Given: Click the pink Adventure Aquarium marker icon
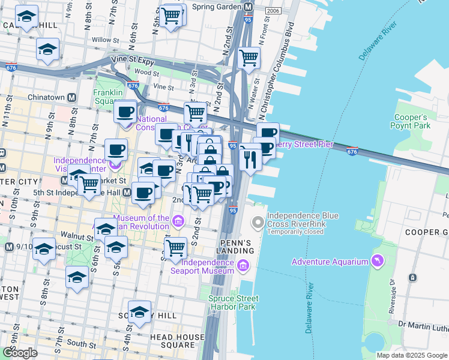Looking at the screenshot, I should [376, 261].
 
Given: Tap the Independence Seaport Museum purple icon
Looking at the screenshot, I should [243, 265].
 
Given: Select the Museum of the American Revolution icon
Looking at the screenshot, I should [178, 222].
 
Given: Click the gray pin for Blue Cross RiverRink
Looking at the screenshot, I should [258, 223].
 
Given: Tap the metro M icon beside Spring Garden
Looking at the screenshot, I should [248, 7].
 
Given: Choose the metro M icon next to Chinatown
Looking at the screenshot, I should [71, 97].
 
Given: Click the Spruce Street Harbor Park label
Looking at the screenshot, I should [234, 303].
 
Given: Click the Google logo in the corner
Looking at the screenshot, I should [20, 353].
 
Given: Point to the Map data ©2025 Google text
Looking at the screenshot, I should [412, 355].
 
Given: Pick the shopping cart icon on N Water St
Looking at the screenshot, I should [248, 58].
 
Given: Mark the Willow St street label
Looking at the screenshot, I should [102, 40].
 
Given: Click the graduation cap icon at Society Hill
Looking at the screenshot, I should [139, 312].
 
